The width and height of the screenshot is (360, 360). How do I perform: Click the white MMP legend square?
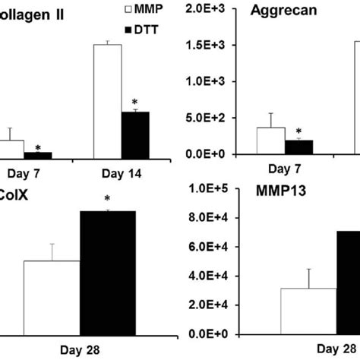[x=106, y=9]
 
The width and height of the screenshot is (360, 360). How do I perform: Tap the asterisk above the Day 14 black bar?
[x=134, y=102]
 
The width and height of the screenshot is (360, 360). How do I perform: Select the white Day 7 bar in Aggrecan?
[x=271, y=141]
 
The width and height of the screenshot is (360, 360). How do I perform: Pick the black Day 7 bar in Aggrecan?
[x=298, y=147]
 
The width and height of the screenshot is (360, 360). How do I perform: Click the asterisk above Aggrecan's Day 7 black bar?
[x=298, y=131]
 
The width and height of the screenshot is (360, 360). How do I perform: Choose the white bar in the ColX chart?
[x=52, y=296]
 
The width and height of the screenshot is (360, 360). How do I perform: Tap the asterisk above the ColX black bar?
[x=108, y=201]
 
